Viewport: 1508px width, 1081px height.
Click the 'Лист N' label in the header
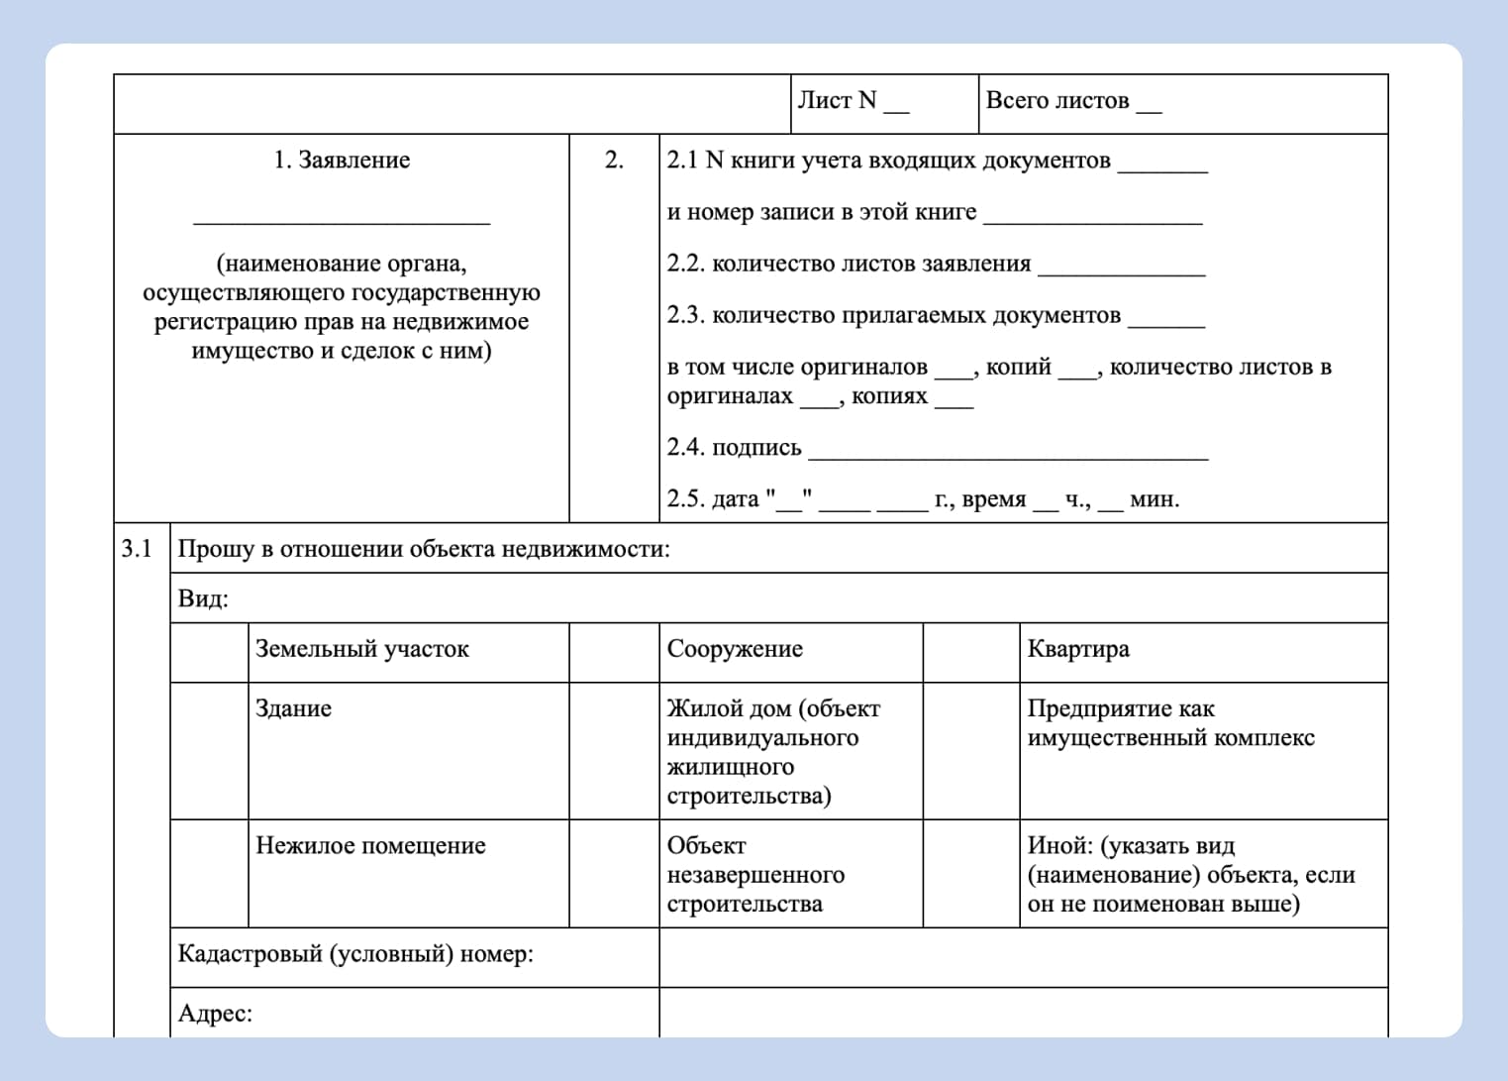point(838,101)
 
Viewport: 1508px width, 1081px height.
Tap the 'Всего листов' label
point(1056,101)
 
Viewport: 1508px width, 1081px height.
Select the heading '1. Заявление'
point(342,161)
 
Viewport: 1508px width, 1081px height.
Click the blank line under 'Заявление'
point(342,218)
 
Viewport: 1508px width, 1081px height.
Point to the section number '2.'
point(614,161)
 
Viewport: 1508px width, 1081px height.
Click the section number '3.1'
point(137,549)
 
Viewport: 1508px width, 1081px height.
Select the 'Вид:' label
point(203,599)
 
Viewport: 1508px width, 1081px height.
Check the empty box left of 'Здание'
point(209,750)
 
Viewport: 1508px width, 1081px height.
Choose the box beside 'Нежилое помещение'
point(209,873)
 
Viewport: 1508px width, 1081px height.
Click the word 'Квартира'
point(1078,650)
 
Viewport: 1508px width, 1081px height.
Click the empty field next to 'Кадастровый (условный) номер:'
point(1023,957)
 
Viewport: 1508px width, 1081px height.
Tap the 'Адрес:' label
point(215,1014)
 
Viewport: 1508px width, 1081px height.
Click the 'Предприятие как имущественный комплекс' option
point(1170,723)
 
